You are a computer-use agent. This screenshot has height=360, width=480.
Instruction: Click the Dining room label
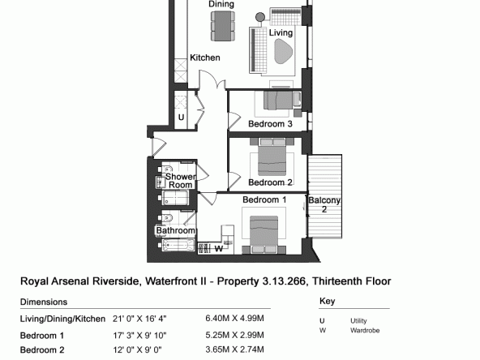221,4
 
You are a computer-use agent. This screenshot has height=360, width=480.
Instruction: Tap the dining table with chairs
223,26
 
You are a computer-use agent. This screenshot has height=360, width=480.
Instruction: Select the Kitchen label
205,58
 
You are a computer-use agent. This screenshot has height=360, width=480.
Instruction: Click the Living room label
281,32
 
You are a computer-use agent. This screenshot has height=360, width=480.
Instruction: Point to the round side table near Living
260,17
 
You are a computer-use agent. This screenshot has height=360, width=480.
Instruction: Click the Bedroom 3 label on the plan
270,124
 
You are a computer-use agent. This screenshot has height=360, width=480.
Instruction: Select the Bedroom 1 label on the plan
264,200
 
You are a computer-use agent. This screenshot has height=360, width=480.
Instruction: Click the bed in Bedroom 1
264,234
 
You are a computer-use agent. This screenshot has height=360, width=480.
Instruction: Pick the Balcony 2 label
324,205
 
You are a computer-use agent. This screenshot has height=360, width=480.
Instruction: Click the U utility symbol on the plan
182,118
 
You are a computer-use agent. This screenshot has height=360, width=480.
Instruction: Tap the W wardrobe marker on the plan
219,249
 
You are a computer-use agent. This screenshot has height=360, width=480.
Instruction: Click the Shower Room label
181,181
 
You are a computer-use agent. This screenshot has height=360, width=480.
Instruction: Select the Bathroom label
176,230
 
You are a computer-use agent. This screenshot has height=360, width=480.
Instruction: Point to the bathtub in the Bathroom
178,245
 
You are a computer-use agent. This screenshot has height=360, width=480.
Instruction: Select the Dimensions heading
44,302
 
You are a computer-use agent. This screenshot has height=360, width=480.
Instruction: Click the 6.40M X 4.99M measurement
234,319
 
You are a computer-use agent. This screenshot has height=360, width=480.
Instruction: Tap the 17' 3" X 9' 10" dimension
139,336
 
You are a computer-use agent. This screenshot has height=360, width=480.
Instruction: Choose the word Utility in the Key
358,321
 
